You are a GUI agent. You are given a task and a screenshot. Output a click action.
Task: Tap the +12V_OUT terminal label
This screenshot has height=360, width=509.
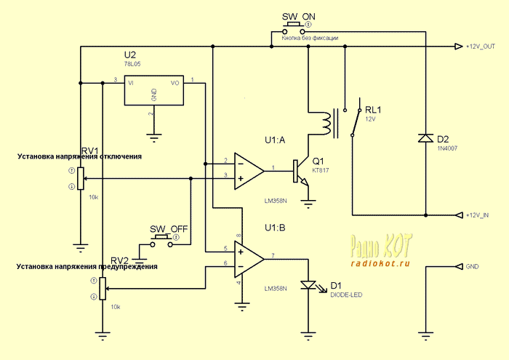(480, 47)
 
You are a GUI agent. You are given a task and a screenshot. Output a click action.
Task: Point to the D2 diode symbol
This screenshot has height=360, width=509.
(423, 137)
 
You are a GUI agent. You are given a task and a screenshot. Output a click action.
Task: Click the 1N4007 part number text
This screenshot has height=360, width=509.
(448, 148)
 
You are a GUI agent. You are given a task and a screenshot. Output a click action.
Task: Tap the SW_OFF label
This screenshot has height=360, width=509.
(169, 228)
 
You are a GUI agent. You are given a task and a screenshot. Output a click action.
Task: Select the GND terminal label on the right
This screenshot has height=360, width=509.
(472, 266)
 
